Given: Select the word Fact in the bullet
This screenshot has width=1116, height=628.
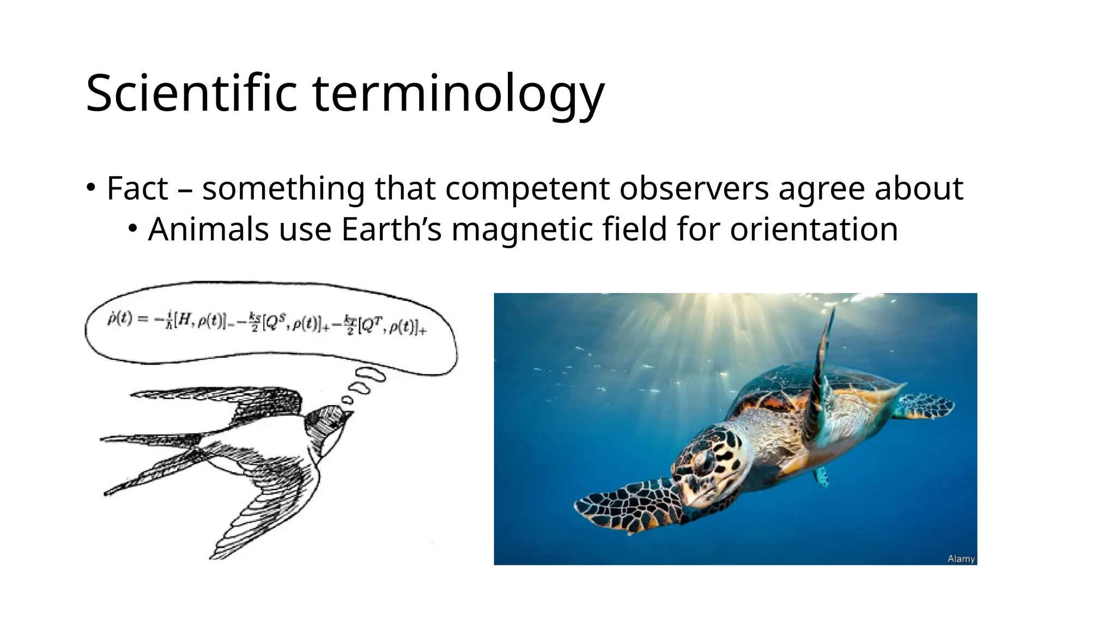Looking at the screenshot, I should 137,188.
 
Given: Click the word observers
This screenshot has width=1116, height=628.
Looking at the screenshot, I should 694,188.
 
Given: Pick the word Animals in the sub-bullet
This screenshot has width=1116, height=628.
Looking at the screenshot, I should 209,229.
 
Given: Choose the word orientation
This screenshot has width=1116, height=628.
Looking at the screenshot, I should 814,229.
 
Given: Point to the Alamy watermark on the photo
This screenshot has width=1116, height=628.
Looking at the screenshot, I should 961,559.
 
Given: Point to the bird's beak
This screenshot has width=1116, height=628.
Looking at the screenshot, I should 348,415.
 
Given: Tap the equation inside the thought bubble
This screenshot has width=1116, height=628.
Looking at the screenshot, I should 266,324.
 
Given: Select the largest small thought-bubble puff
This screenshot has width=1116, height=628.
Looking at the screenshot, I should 371,375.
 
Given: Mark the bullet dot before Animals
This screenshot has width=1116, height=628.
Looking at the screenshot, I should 132,229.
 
